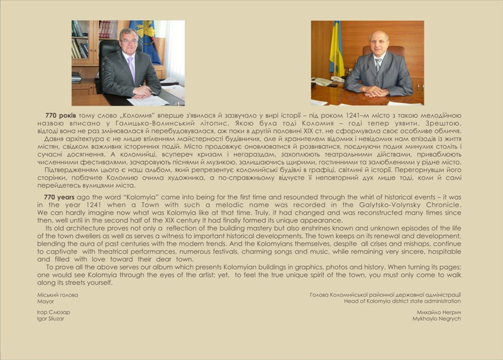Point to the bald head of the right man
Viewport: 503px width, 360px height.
click(380, 36)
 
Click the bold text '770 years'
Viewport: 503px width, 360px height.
click(58, 197)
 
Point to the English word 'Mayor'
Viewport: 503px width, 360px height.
click(45, 301)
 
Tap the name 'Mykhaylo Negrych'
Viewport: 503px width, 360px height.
click(438, 319)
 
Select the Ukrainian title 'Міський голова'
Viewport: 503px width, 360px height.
click(57, 295)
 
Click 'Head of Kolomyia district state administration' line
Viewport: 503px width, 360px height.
click(402, 301)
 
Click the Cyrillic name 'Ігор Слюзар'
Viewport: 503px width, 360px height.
click(53, 312)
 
